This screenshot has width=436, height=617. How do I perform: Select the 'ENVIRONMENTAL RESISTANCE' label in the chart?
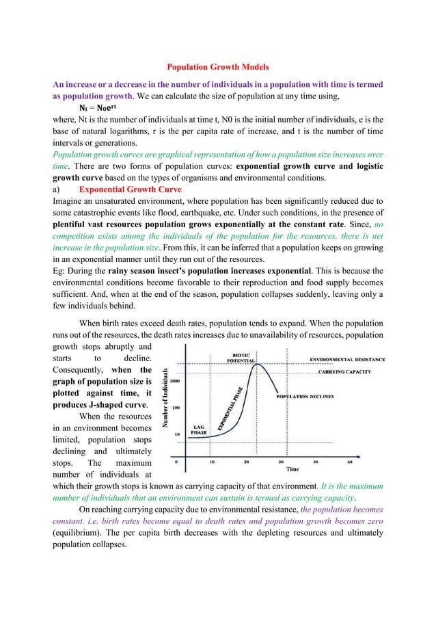347,358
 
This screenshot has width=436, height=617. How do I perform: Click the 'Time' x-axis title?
292,470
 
